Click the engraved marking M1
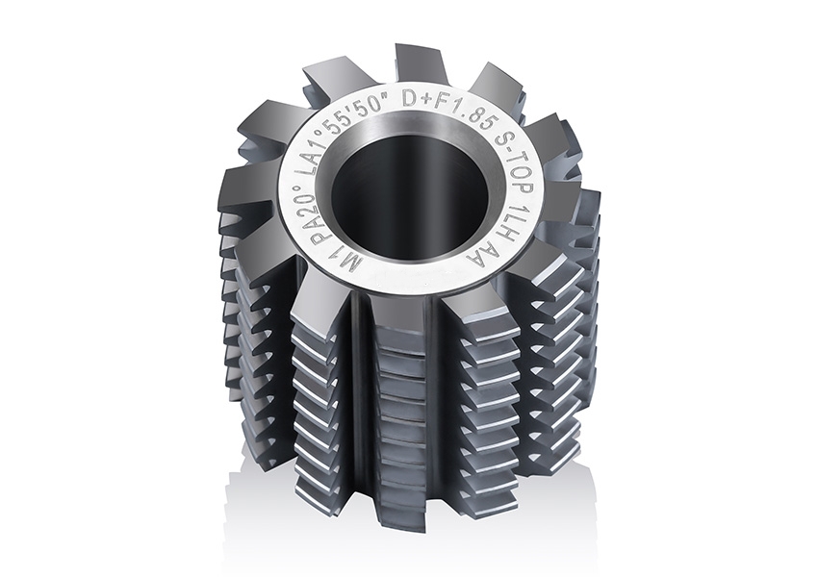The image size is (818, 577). [324, 263]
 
